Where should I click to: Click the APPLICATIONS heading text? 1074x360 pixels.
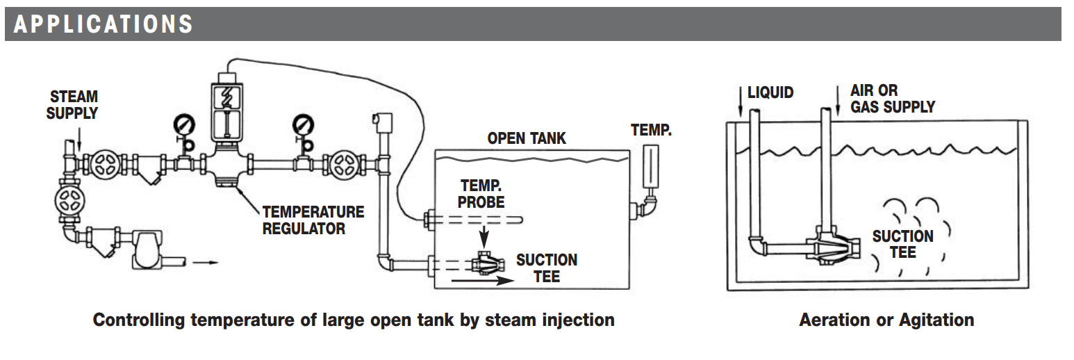pyautogui.click(x=103, y=24)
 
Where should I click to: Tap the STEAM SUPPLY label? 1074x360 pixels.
pyautogui.click(x=72, y=105)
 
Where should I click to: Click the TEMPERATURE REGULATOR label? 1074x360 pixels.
pyautogui.click(x=313, y=220)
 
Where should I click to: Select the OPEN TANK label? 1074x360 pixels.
pyautogui.click(x=527, y=138)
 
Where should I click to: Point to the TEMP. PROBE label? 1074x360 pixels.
pyautogui.click(x=481, y=194)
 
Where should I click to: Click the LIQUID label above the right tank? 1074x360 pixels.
pyautogui.click(x=770, y=92)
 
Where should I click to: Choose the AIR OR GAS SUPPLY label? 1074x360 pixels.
pyautogui.click(x=893, y=99)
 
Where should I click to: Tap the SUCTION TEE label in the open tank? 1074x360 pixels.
pyautogui.click(x=547, y=268)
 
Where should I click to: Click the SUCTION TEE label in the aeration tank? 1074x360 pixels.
pyautogui.click(x=903, y=244)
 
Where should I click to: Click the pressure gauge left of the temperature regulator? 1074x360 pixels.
pyautogui.click(x=183, y=125)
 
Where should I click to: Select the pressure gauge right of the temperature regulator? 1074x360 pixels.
pyautogui.click(x=303, y=125)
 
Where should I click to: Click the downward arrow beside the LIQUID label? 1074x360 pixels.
pyautogui.click(x=741, y=101)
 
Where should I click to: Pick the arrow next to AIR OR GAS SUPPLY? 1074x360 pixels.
pyautogui.click(x=838, y=101)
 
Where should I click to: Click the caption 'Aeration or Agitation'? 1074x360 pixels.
pyautogui.click(x=886, y=320)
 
